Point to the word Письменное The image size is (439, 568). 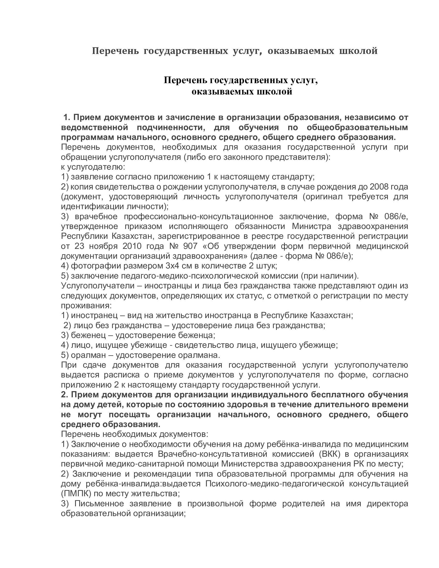click(99, 503)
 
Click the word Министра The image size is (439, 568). click(311, 226)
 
